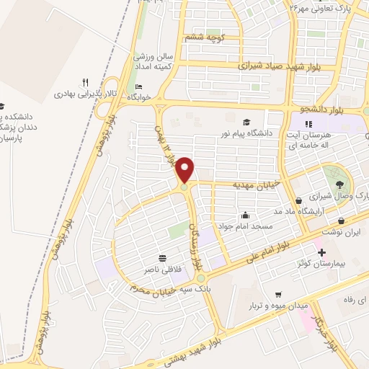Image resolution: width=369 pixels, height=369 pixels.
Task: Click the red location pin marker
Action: tap(185, 169)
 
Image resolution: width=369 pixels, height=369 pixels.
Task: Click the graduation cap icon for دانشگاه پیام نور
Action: tap(247, 123)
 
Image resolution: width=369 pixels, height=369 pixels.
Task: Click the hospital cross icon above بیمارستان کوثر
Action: tap(321, 253)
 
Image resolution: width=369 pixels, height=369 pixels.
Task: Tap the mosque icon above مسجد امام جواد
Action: tap(246, 215)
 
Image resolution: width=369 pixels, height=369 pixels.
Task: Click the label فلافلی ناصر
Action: tap(161, 268)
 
